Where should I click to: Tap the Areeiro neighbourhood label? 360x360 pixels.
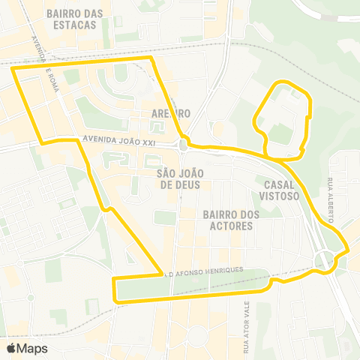click(171, 113)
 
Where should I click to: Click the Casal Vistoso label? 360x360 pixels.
click(282, 189)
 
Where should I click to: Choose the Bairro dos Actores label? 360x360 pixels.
click(231, 220)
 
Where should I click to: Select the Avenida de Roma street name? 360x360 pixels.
click(43, 60)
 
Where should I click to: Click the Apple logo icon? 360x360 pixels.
click(11, 348)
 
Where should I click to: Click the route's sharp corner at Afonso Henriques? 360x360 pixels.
click(163, 274)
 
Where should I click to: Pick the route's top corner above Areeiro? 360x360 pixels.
click(151, 57)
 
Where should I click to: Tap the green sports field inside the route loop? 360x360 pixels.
click(280, 134)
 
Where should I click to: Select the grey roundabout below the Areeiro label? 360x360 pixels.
click(183, 144)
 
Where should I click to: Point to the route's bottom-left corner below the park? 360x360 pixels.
click(114, 300)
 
